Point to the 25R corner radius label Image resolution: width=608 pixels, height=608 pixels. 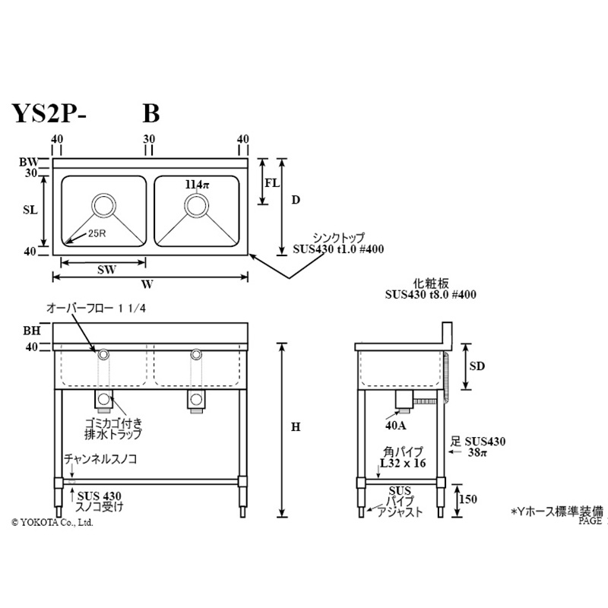(x=97, y=233)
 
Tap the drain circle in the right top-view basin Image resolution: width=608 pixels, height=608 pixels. (x=196, y=205)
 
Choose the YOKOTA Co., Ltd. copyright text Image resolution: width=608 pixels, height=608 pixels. (x=52, y=522)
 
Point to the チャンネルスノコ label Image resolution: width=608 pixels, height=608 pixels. (x=100, y=459)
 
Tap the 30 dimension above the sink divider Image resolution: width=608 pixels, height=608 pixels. (x=149, y=138)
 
